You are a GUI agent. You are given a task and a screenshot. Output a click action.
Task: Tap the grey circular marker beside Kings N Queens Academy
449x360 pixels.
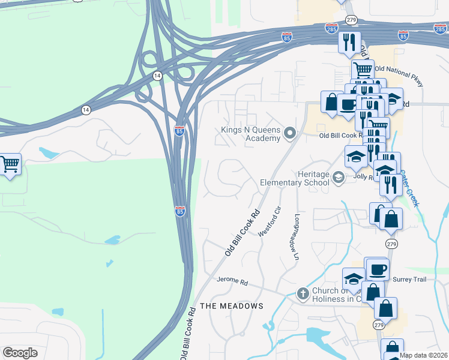291,133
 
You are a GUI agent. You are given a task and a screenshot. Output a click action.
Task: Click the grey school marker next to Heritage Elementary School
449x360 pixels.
339,177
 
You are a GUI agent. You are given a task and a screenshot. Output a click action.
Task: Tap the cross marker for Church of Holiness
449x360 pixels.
303,294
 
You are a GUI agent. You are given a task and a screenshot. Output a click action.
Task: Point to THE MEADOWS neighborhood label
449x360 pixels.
232,306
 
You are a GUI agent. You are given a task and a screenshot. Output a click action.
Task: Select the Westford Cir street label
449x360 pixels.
269,221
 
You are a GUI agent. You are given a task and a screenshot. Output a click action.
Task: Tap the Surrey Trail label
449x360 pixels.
410,279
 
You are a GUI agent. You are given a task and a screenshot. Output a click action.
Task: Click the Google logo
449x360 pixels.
20,353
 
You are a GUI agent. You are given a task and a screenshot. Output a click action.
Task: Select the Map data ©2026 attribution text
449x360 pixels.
424,355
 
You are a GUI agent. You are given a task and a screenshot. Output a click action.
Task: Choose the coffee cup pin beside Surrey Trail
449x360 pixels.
378,269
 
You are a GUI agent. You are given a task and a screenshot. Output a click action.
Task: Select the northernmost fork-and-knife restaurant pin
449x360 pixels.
349,42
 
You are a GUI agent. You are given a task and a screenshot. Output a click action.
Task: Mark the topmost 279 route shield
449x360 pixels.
352,20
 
